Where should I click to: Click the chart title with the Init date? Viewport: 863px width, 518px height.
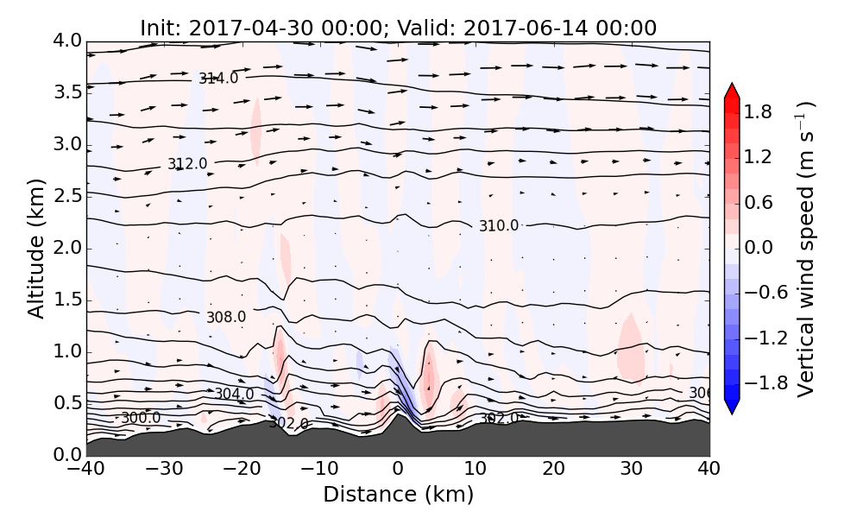pyautogui.click(x=398, y=28)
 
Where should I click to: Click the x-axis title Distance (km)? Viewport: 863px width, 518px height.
pyautogui.click(x=398, y=495)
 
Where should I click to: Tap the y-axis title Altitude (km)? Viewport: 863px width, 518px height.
pyautogui.click(x=36, y=248)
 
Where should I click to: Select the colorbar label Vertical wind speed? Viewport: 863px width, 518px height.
pyautogui.click(x=806, y=249)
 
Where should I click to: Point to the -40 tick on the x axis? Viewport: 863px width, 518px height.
pyautogui.click(x=86, y=470)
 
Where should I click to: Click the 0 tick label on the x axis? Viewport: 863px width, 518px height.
pyautogui.click(x=398, y=470)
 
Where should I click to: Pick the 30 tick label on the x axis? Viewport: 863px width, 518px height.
pyautogui.click(x=632, y=470)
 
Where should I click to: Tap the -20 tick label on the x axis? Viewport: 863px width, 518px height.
pyautogui.click(x=243, y=470)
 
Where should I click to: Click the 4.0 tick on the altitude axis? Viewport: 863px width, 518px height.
pyautogui.click(x=66, y=41)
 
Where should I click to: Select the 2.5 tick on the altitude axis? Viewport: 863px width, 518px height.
pyautogui.click(x=66, y=196)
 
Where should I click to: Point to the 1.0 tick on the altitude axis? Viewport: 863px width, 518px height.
pyautogui.click(x=66, y=351)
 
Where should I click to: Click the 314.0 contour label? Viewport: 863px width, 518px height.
pyautogui.click(x=218, y=79)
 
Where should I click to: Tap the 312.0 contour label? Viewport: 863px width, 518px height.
pyautogui.click(x=187, y=164)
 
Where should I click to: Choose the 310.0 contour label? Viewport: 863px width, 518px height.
pyautogui.click(x=499, y=226)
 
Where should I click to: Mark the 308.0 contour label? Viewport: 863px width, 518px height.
pyautogui.click(x=226, y=317)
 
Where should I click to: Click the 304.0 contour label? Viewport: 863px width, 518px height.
pyautogui.click(x=234, y=395)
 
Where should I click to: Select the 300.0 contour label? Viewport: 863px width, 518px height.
pyautogui.click(x=141, y=418)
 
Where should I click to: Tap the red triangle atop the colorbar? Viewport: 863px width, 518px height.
pyautogui.click(x=732, y=91)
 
